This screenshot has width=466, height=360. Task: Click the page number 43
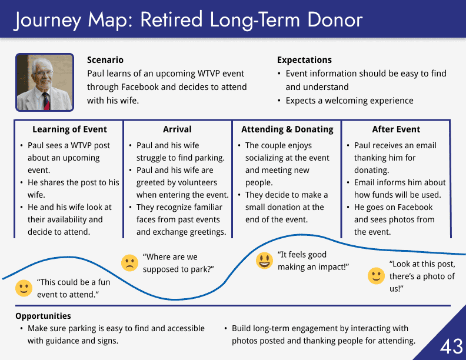coord(451,346)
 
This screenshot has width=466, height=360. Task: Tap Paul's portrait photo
coord(45,82)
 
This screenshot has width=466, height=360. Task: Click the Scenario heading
coord(105,59)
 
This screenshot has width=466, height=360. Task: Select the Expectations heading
coord(304,59)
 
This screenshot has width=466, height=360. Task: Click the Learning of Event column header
coord(69,129)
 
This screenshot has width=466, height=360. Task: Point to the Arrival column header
coord(177,129)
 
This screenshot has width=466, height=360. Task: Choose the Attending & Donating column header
coord(287,129)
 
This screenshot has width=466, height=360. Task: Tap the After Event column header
coord(396,129)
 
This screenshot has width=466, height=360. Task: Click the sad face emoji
coord(129,263)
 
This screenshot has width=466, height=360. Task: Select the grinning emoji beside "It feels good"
coord(265,261)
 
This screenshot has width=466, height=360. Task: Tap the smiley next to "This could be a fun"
coord(24,288)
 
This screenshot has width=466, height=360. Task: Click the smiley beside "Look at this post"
coord(376,276)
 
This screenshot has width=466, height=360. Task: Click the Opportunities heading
coord(43,316)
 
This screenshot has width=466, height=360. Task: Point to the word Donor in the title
coord(335,20)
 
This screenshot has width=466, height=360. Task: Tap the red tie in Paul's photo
coord(46,101)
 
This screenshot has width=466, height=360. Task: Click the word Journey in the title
coord(48,21)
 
